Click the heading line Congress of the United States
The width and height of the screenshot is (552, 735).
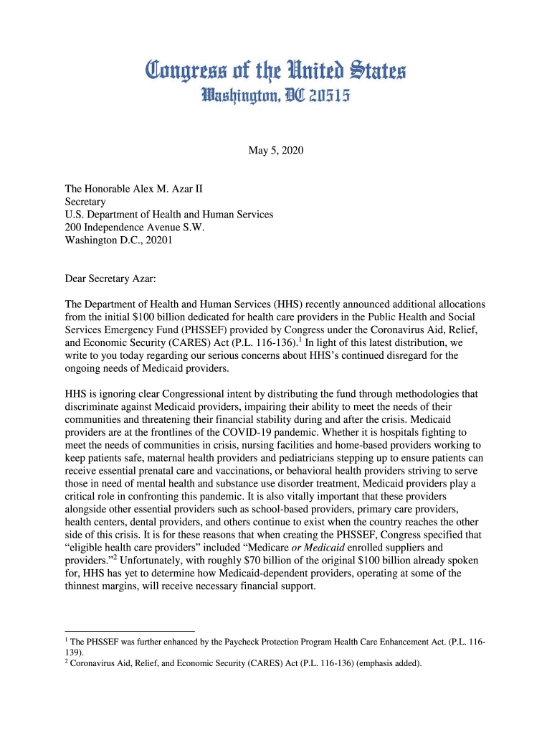[276, 70]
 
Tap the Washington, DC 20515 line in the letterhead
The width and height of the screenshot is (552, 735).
[276, 95]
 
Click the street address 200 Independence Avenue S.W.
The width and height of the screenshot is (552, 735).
[135, 228]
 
